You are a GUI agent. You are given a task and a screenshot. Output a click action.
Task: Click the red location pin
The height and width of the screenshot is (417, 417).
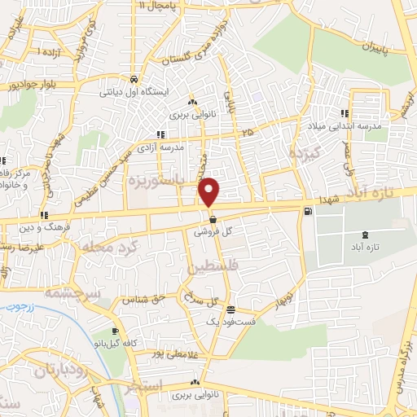click(210, 192)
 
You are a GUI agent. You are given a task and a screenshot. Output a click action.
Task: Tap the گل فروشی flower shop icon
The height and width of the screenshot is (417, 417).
click(213, 219)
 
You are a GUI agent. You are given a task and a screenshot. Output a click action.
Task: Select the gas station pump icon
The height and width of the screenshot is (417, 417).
click(307, 213)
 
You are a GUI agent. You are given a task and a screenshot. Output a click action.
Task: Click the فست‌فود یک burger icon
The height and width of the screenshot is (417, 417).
click(232, 309)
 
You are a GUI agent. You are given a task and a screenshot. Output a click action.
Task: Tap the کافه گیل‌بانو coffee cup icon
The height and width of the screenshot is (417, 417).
click(115, 331)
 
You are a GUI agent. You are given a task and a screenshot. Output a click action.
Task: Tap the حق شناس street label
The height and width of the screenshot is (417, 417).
click(144, 299)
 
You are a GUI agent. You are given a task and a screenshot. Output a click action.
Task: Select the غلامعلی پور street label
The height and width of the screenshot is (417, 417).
click(176, 353)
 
